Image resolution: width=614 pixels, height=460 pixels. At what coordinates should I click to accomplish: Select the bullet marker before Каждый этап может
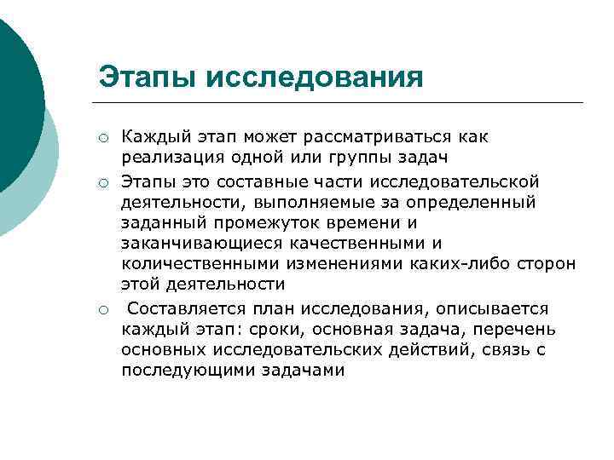coord(102,138)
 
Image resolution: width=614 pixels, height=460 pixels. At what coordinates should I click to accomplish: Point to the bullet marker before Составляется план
coord(102,309)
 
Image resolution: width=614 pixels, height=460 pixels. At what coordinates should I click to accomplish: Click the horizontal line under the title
coord(341,103)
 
